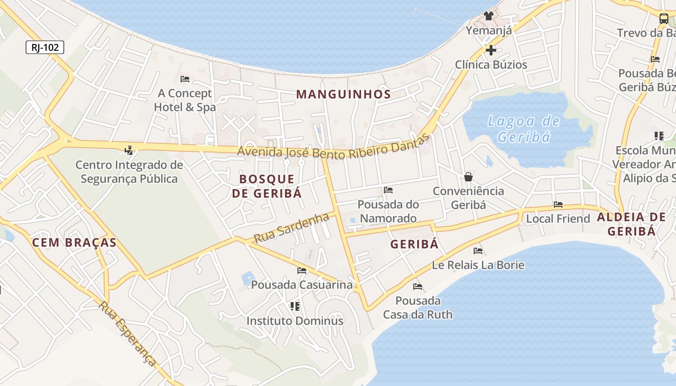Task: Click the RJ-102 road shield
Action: click(x=45, y=47)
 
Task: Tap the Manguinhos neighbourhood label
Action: click(x=343, y=94)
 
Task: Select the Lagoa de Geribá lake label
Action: click(x=524, y=129)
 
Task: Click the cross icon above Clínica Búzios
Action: click(x=491, y=50)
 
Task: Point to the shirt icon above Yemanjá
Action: click(x=489, y=16)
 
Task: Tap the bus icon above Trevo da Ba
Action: click(x=664, y=19)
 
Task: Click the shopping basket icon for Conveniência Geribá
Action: click(x=468, y=177)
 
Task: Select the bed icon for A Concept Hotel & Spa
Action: click(x=184, y=79)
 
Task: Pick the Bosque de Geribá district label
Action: click(x=267, y=186)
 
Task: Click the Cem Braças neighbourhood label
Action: click(x=74, y=242)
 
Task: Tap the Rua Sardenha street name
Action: click(x=291, y=228)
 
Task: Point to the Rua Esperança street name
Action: click(x=128, y=333)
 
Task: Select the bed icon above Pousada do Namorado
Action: click(x=388, y=190)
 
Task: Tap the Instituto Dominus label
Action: click(x=295, y=321)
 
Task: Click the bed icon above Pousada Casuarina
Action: click(x=302, y=271)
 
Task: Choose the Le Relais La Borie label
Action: click(x=478, y=265)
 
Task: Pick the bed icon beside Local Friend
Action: click(x=558, y=205)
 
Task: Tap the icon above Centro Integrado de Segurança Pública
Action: click(x=128, y=150)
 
